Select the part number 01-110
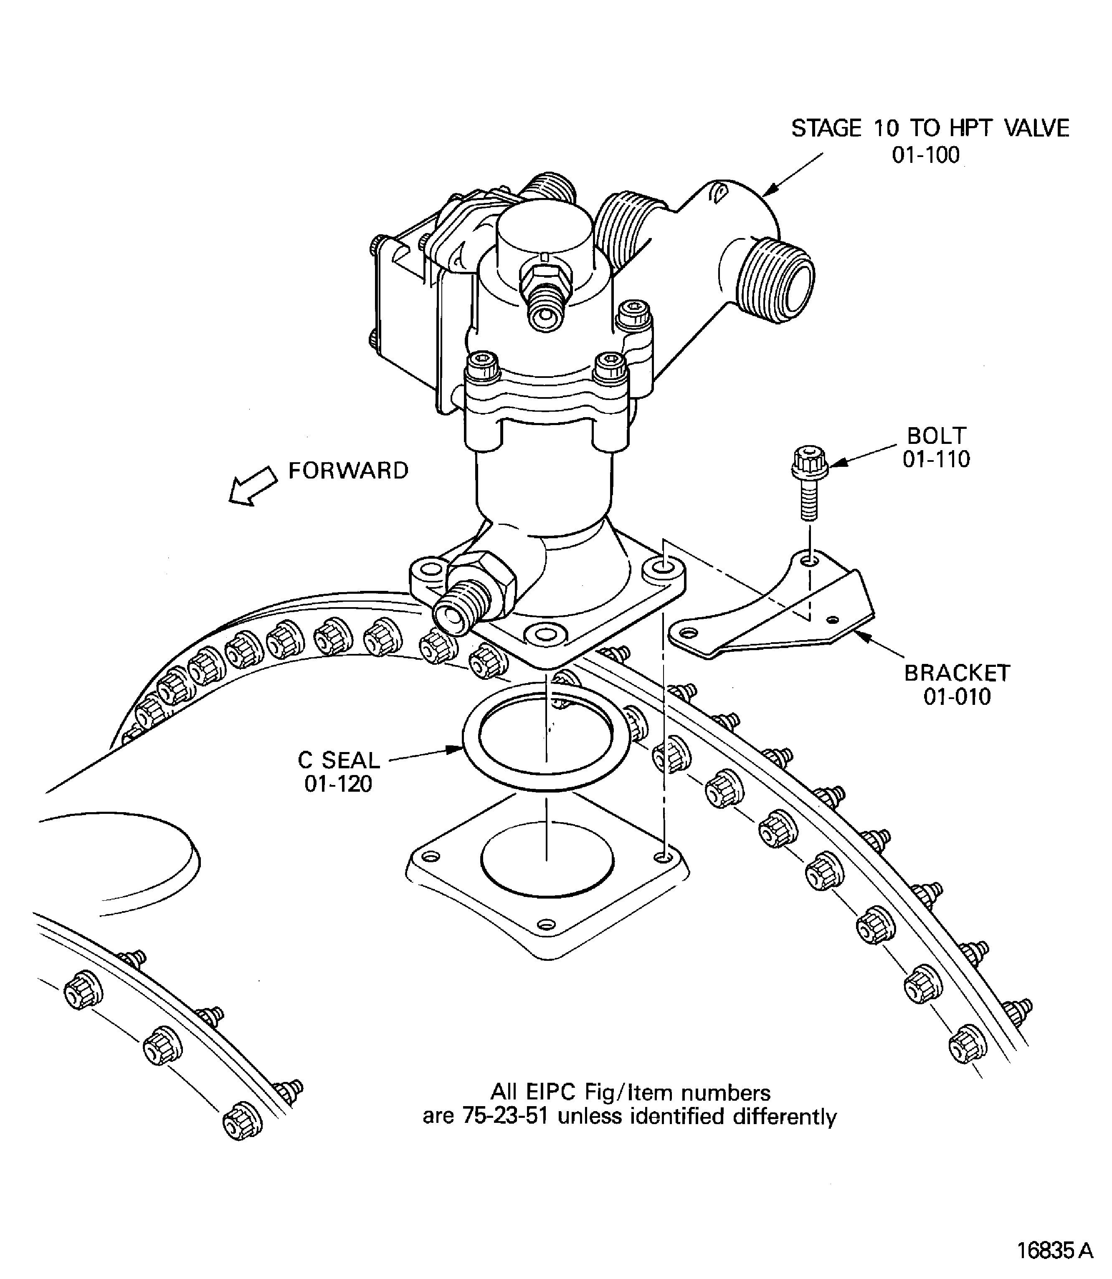[936, 460]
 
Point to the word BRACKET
[957, 673]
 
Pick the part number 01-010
[957, 697]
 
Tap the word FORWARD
[348, 471]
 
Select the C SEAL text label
[338, 760]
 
